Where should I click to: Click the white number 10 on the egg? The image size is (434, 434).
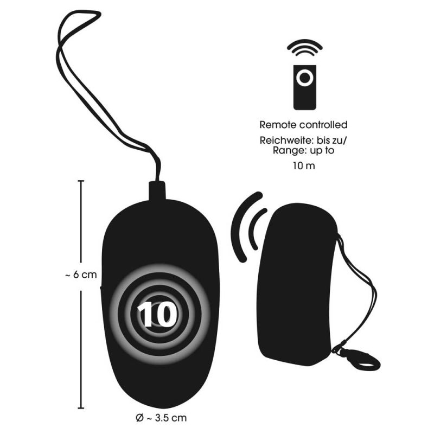[158, 314]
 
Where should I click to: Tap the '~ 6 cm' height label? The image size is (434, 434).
[81, 275]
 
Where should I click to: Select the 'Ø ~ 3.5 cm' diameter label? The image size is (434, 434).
[161, 418]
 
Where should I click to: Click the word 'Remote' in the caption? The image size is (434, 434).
[277, 125]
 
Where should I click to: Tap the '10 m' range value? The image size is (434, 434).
[304, 166]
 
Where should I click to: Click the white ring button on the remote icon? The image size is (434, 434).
[305, 78]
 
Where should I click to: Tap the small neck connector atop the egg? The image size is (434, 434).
[157, 190]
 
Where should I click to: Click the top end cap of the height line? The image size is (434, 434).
[81, 181]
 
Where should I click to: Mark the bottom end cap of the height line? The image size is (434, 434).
[81, 408]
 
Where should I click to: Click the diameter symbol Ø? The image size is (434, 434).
[140, 418]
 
